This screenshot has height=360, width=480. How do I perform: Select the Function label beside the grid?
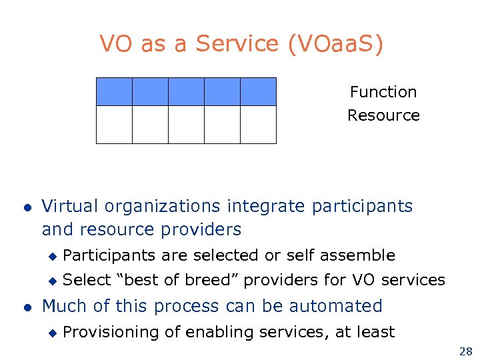click(x=383, y=92)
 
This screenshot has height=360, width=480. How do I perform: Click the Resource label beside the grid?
click(x=383, y=115)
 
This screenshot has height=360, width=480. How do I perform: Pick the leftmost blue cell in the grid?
click(x=114, y=91)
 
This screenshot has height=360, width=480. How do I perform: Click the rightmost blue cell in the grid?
click(x=258, y=91)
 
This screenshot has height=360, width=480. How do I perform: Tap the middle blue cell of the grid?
click(x=186, y=91)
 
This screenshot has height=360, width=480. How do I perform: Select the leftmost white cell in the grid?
click(x=114, y=125)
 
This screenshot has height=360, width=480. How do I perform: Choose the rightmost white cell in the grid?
click(x=258, y=125)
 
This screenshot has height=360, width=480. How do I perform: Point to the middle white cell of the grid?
click(x=186, y=125)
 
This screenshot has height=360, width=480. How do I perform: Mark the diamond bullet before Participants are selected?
click(x=53, y=256)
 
